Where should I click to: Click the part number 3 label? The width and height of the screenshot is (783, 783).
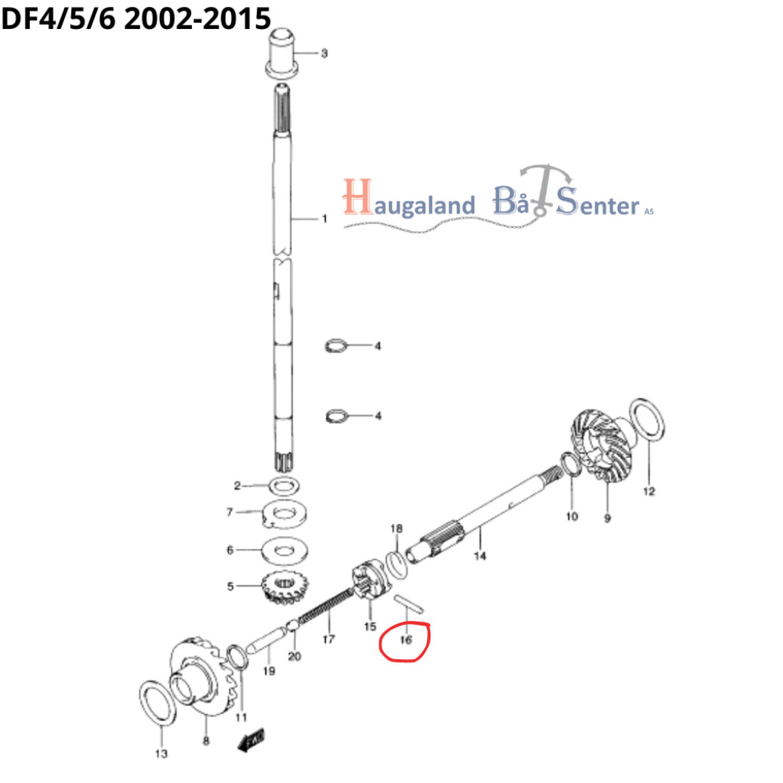point(324,53)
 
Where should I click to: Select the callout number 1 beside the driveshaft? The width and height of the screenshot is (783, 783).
point(324,218)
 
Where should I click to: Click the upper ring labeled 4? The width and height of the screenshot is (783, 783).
point(336,346)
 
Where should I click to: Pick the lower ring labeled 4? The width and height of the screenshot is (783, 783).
point(336,415)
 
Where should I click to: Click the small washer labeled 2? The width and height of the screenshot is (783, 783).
point(284,485)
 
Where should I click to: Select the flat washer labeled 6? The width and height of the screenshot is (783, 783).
point(284,551)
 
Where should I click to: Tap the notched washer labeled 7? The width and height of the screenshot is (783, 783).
point(284,515)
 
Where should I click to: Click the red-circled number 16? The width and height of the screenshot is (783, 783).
point(406,640)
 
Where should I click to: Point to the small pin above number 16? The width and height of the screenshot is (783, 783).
point(409,604)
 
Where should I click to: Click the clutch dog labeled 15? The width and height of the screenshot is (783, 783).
point(369,580)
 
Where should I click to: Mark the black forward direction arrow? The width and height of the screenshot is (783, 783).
point(251,739)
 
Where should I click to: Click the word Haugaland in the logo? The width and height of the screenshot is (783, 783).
point(409,199)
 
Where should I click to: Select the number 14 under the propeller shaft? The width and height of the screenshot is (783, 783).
point(479,556)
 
